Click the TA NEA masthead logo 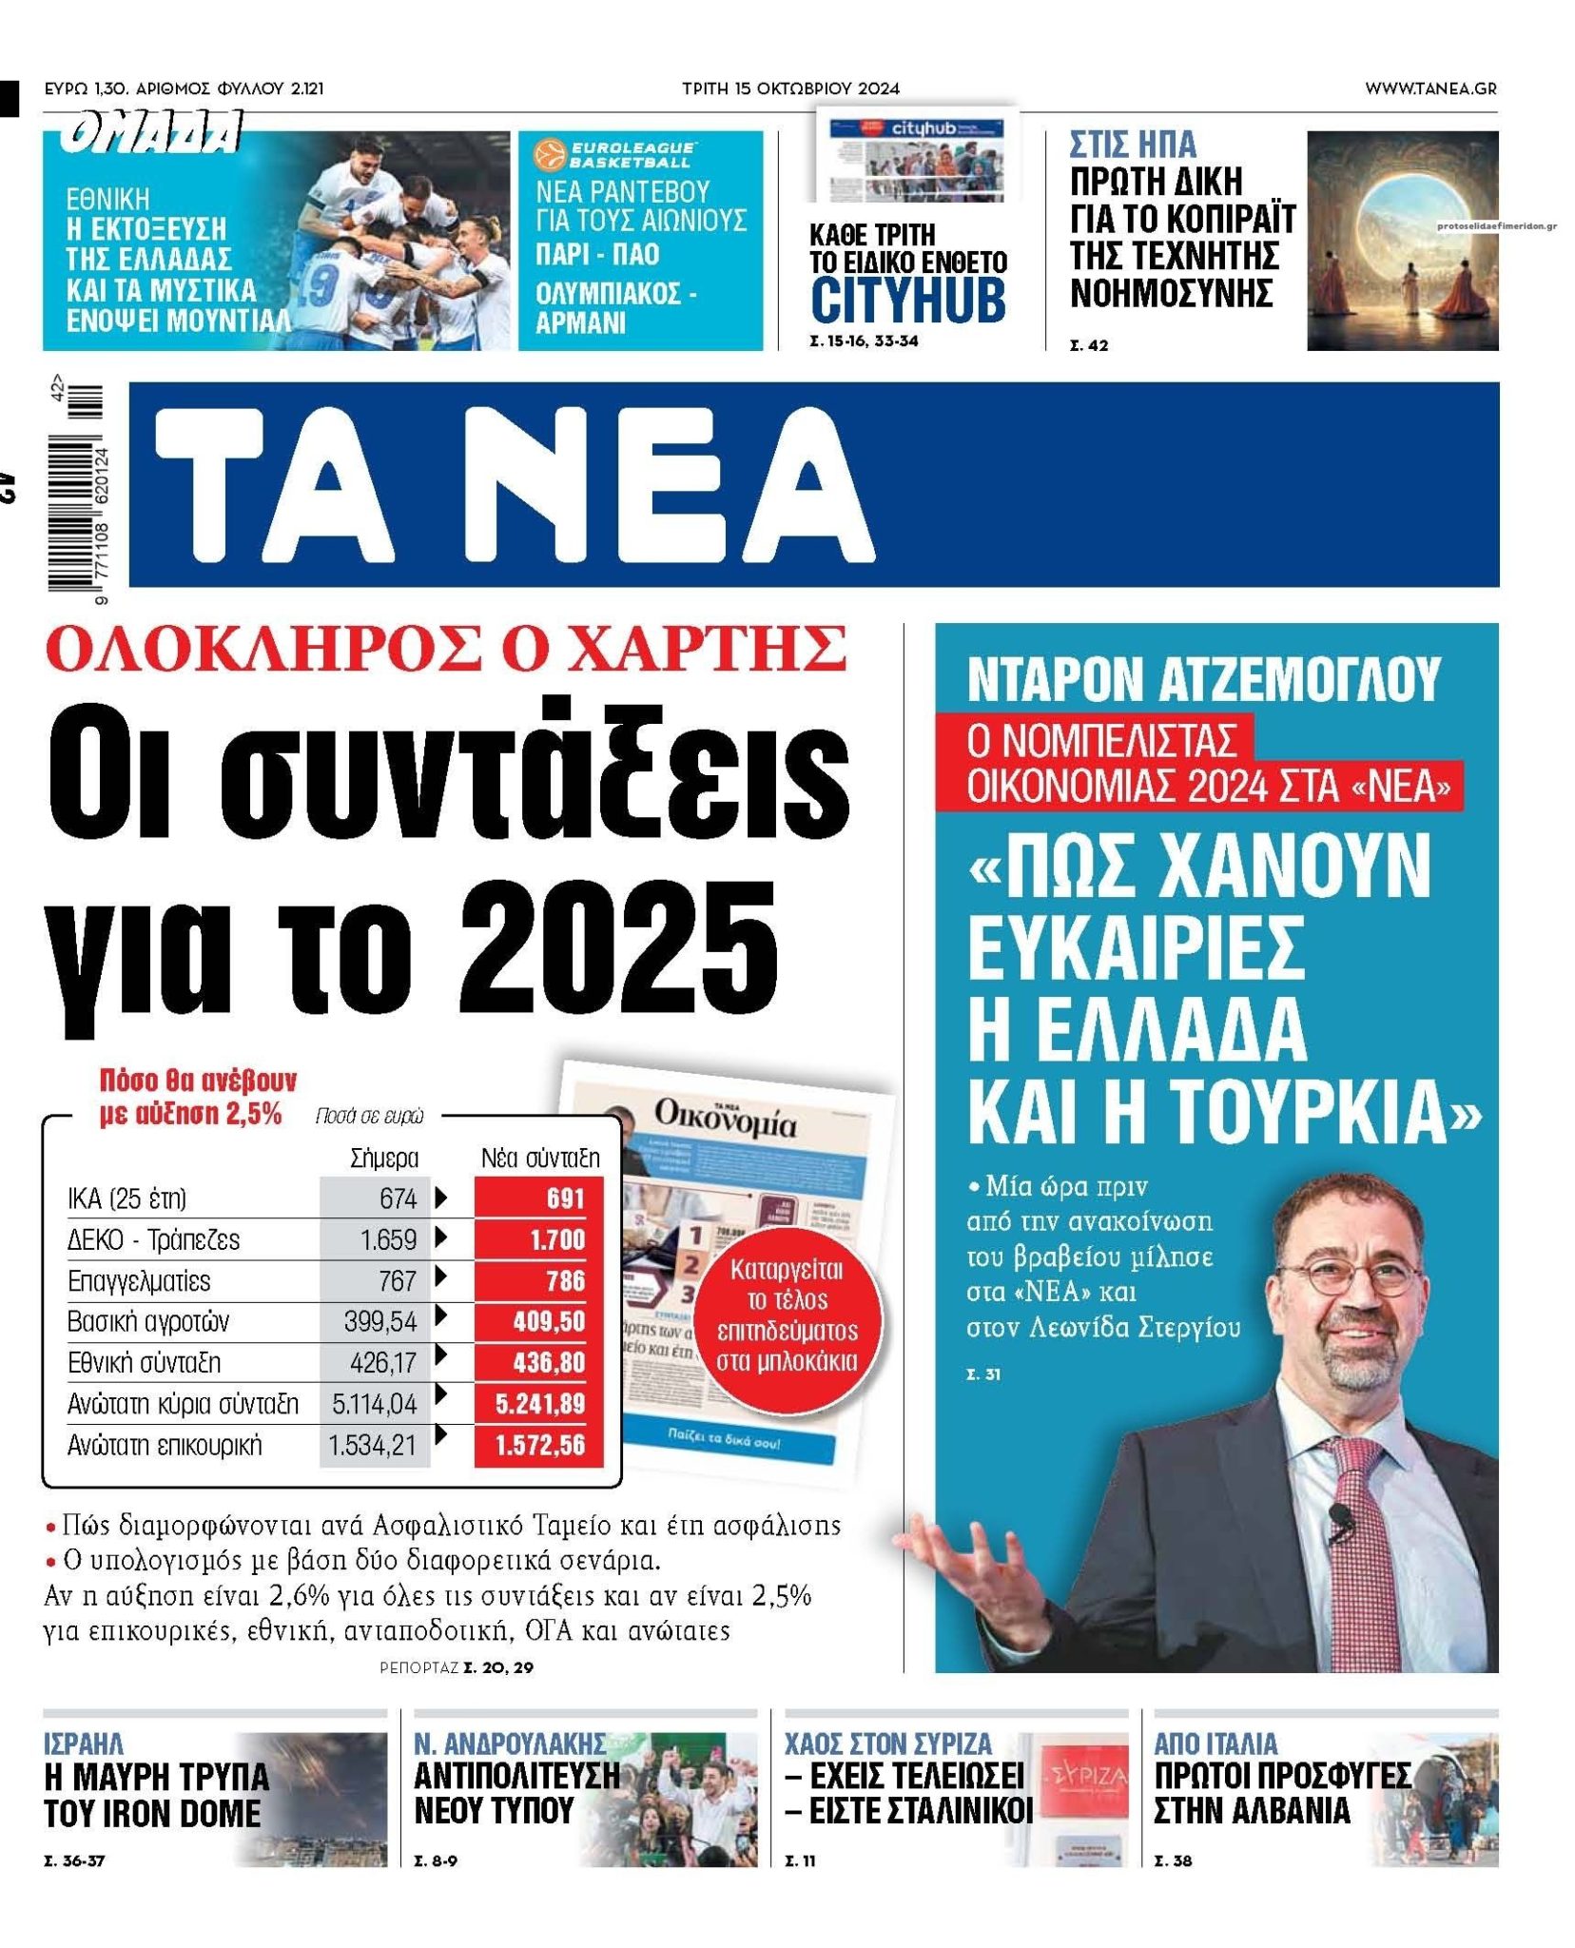pos(514,485)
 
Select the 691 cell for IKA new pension pos(538,1198)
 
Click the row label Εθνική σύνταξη pos(144,1362)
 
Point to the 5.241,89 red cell pos(538,1404)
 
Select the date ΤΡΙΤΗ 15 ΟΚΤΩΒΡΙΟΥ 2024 pos(789,88)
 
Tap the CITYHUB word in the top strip pos(907,297)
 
